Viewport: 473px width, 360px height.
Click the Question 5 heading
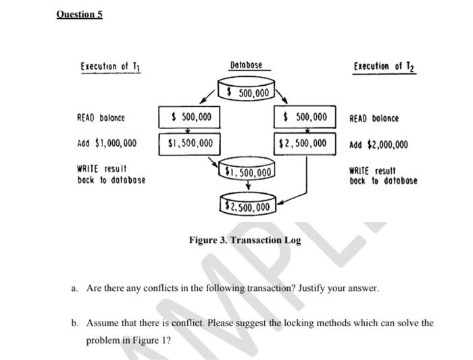tap(80, 14)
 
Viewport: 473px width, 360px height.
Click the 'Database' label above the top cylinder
tap(247, 66)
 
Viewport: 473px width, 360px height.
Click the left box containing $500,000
tap(191, 118)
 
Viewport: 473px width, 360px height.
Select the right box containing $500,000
tap(303, 118)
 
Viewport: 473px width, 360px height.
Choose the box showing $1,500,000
tap(191, 143)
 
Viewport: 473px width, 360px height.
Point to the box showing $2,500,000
tap(303, 143)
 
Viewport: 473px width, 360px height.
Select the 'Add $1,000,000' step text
tap(107, 143)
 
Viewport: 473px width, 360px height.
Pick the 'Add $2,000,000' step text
tap(378, 144)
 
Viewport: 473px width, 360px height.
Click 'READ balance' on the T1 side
tap(101, 118)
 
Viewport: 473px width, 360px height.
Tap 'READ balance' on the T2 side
tap(374, 118)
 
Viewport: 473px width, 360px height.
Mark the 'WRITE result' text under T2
tap(372, 171)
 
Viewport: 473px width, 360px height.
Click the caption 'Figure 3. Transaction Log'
tap(245, 240)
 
